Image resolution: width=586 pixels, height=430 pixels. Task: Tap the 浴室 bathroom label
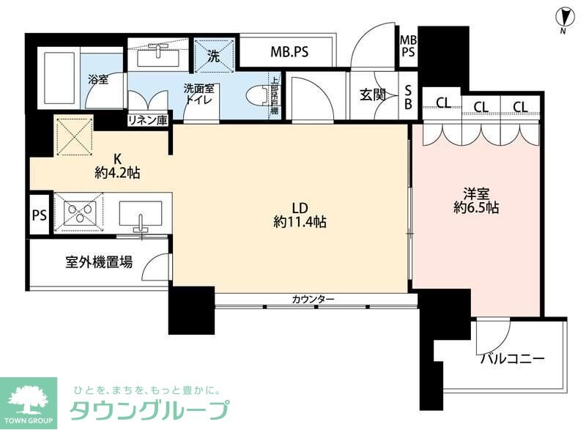pos(98,79)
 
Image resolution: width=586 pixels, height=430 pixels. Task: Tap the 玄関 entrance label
pos(372,94)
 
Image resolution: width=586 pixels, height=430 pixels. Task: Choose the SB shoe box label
pos(409,96)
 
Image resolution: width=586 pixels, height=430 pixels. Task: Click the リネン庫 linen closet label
pos(148,119)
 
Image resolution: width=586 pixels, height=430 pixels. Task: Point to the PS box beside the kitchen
pos(40,215)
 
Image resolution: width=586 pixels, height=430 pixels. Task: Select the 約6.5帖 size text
pos(476,209)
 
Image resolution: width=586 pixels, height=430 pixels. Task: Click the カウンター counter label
pos(313,299)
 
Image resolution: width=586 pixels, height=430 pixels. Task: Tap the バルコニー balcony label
pos(513,360)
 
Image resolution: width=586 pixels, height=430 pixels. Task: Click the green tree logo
pos(28,398)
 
